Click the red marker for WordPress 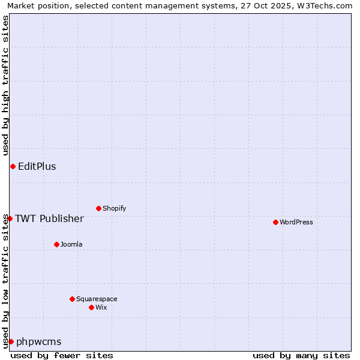click(275, 222)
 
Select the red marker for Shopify click(98, 208)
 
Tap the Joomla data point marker click(56, 244)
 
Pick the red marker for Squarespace click(72, 299)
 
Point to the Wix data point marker click(91, 307)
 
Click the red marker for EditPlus click(13, 166)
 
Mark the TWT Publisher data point click(10, 218)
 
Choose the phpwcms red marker click(11, 341)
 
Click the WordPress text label click(296, 222)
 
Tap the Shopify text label click(114, 208)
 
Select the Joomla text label click(71, 244)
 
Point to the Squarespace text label click(97, 299)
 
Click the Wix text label click(101, 307)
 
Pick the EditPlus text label click(37, 166)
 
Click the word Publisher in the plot click(60, 218)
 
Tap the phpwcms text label click(39, 341)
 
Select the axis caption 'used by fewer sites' click(62, 355)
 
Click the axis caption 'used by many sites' click(301, 355)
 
